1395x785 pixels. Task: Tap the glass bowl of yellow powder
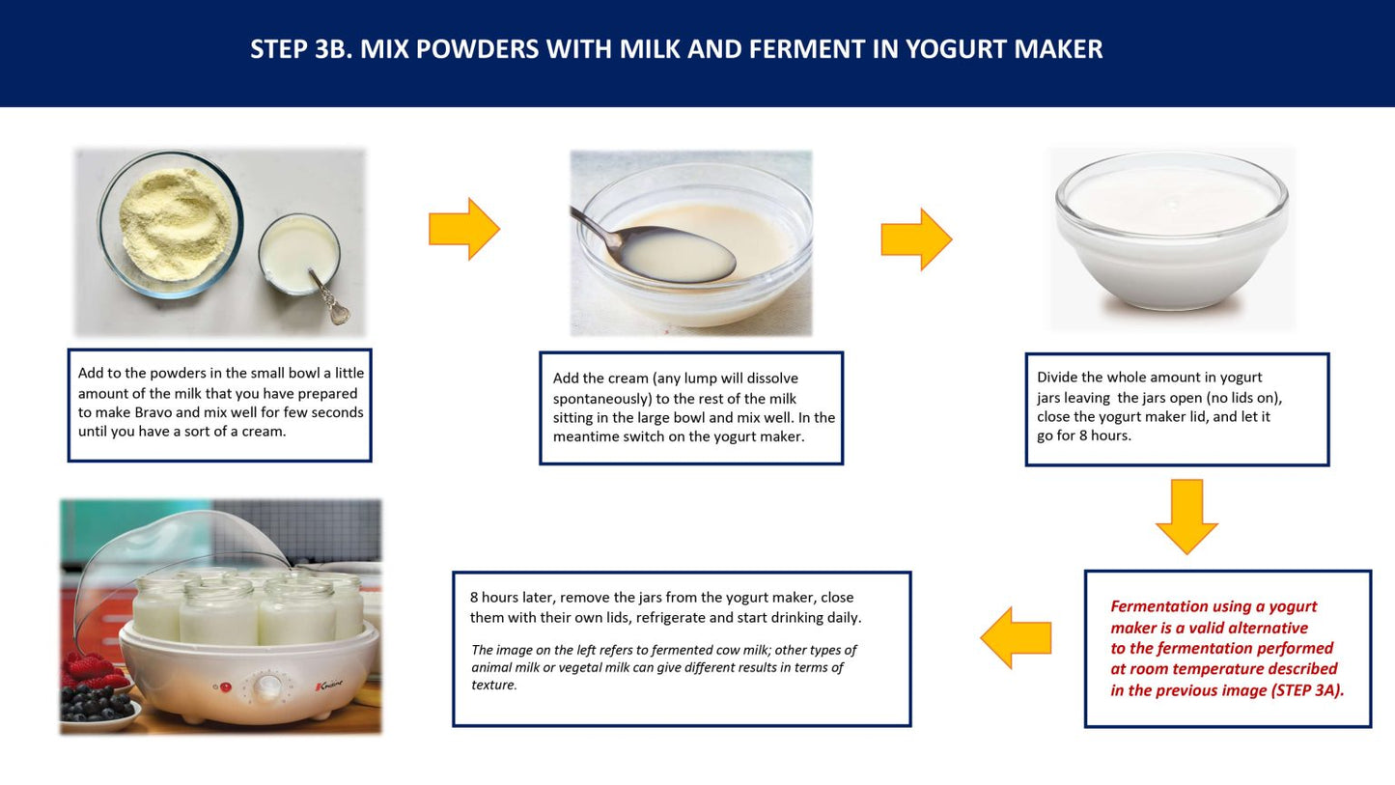[170, 224]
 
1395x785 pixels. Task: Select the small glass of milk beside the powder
[299, 254]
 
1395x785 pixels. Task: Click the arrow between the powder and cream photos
[464, 229]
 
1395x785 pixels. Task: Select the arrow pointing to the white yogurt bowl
[916, 239]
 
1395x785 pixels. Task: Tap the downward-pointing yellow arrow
[1186, 517]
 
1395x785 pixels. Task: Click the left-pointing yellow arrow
[1016, 638]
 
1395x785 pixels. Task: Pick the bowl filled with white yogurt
[1172, 232]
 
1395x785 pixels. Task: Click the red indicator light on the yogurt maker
[226, 687]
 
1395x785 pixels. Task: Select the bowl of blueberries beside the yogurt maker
[99, 708]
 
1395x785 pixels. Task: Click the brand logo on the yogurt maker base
[329, 686]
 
